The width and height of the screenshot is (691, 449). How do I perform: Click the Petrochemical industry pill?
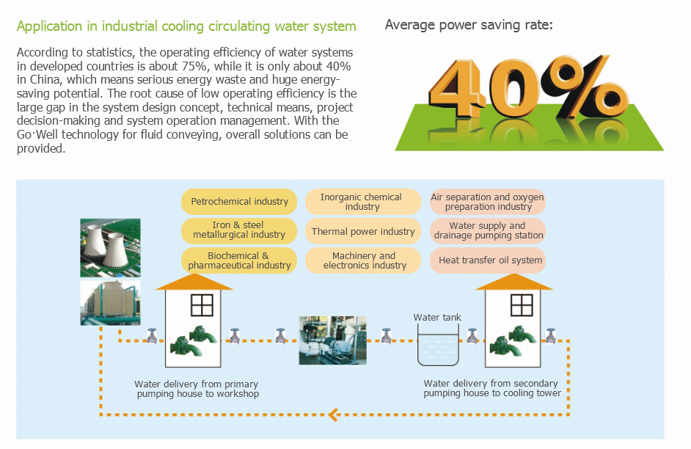(239, 201)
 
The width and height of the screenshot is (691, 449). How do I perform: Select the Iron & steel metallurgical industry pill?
(239, 230)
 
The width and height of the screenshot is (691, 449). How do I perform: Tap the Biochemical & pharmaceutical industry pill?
(239, 260)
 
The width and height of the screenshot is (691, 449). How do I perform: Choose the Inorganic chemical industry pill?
(362, 201)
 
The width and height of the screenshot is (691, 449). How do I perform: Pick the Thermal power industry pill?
(362, 231)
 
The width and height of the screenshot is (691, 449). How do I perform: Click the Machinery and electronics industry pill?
(362, 260)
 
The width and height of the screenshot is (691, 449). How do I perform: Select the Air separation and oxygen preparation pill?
(487, 201)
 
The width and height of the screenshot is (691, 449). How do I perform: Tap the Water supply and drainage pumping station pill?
(487, 231)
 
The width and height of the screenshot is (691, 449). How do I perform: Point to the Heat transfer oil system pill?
(487, 260)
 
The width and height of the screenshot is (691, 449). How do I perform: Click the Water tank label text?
(436, 317)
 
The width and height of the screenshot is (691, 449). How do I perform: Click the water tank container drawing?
(438, 345)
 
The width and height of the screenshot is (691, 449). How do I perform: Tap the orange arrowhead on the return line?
(334, 415)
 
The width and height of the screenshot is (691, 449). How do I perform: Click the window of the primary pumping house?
(202, 305)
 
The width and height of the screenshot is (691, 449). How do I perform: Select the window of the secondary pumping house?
(522, 305)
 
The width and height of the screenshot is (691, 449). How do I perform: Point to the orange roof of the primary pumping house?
(194, 282)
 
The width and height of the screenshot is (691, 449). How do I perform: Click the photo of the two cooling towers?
(110, 248)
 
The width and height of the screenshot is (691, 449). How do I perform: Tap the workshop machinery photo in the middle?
(332, 340)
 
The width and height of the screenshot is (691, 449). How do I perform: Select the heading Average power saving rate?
(469, 25)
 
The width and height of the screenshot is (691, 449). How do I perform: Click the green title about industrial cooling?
(186, 26)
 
